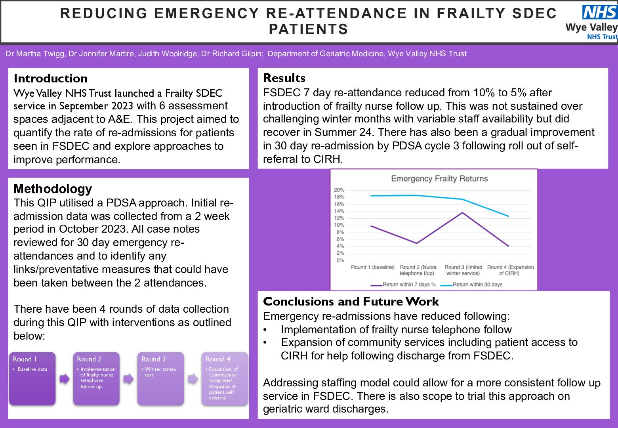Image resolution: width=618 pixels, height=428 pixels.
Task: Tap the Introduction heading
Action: pos(50,78)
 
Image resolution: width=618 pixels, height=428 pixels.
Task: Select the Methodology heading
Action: pos(53,189)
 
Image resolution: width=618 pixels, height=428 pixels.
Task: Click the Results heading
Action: pos(284,78)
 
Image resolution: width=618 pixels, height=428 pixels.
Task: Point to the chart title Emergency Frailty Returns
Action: pos(439,179)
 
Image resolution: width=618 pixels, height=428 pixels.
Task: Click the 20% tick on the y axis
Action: pos(339,190)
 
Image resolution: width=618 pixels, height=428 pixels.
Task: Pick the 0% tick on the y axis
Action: pos(340,260)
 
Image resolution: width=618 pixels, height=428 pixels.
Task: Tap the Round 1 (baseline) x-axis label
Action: pos(373,267)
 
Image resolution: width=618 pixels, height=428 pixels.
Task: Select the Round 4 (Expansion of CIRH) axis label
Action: pos(510,270)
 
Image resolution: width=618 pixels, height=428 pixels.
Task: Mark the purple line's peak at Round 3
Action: pos(462,213)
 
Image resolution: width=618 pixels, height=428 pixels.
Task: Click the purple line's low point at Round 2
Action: pos(417,243)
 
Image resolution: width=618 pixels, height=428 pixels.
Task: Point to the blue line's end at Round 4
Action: pos(508,216)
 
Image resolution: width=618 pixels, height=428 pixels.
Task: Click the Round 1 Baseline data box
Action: pos(32,378)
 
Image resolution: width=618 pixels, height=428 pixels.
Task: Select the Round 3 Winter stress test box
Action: pos(160,378)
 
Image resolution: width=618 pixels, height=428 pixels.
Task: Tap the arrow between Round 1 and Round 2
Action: pos(64,379)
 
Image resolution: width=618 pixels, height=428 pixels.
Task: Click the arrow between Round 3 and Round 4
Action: pos(193,379)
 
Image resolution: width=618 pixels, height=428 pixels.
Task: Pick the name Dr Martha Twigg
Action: pos(35,53)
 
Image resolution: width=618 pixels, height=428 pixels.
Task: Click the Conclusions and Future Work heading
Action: pos(351,302)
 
